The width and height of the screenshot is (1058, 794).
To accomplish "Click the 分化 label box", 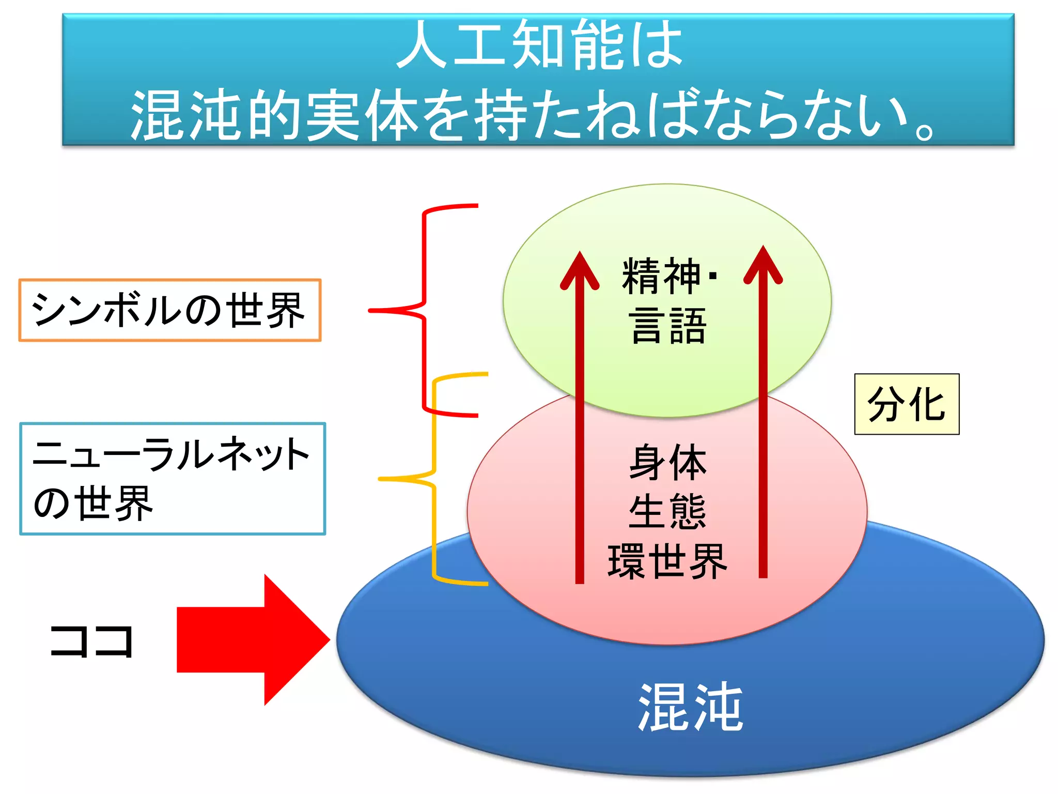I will pos(907,404).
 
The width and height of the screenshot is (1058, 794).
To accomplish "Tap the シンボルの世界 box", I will pos(169,310).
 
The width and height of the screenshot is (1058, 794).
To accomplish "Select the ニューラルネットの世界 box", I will pos(173,479).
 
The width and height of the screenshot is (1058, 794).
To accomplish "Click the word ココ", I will pos(92,641).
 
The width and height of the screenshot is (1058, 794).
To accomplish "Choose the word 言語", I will pos(667,326).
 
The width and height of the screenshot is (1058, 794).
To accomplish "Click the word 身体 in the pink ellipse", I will pos(667,463).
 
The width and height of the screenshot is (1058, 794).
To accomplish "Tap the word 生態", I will pos(667,512).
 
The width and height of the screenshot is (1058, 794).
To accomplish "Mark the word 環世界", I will pos(667,561).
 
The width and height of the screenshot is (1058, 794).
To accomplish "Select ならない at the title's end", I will pos(806,115).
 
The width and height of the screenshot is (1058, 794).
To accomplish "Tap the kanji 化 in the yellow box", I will pos(928,404).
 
